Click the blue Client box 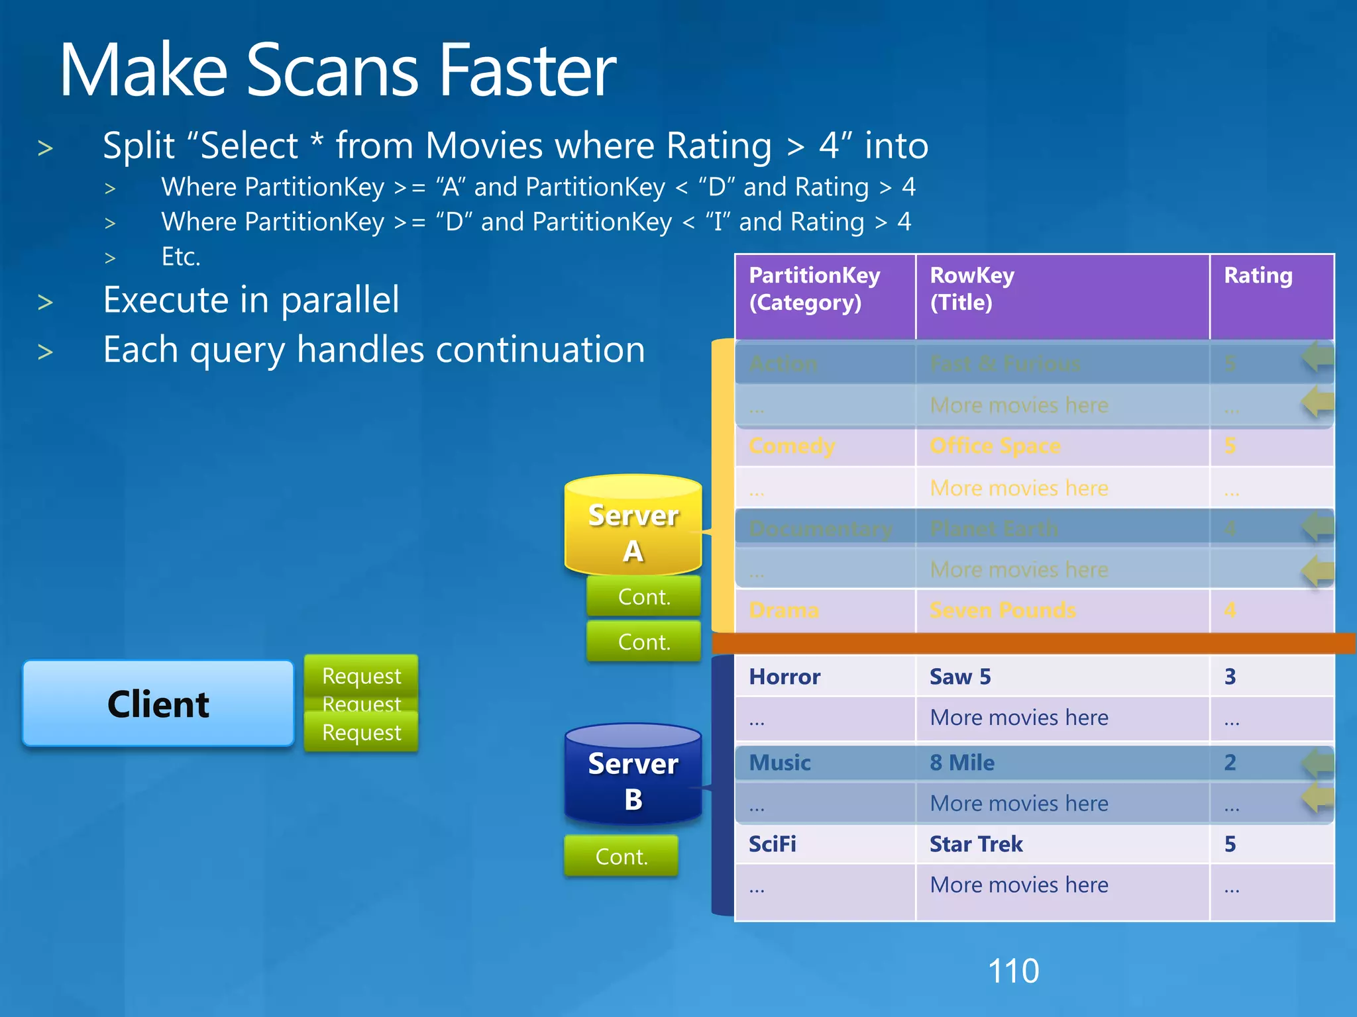[158, 703]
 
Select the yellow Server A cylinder [633, 526]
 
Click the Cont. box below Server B [621, 856]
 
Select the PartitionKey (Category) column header [814, 289]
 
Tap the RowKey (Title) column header [971, 289]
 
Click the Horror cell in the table [785, 677]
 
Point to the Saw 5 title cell [960, 677]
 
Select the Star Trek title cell [976, 844]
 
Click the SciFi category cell [773, 844]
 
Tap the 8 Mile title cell [962, 763]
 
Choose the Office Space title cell [995, 446]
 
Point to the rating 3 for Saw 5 [1230, 677]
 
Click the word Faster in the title [528, 70]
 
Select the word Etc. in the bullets [181, 257]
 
